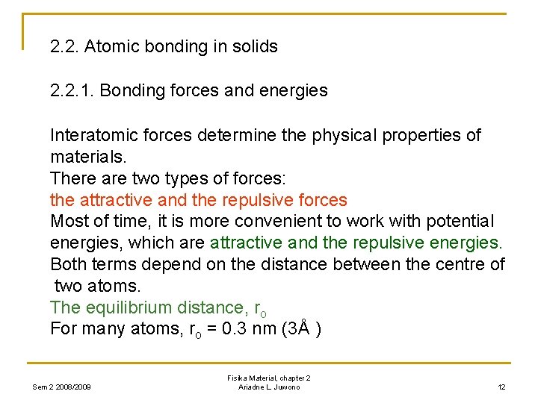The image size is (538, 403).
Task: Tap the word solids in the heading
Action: [255, 46]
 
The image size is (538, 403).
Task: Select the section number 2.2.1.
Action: [72, 91]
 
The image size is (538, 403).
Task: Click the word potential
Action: [460, 222]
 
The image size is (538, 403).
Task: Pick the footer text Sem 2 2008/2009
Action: [62, 387]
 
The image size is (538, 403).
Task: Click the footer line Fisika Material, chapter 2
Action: [269, 378]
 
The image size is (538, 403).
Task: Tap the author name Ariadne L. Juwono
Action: [269, 387]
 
